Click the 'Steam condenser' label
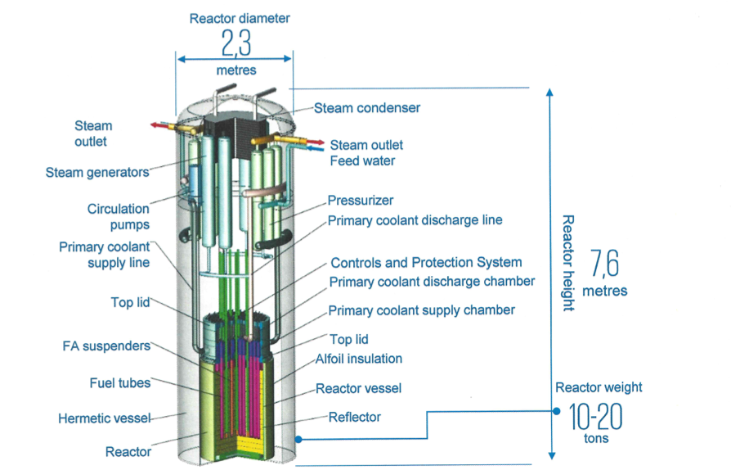[x=367, y=107]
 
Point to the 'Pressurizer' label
[x=361, y=201]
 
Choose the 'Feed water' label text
[x=362, y=160]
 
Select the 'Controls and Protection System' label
[x=426, y=263]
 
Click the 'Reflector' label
[x=355, y=417]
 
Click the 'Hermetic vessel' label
[x=105, y=418]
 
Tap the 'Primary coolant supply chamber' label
[x=421, y=310]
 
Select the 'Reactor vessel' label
[x=365, y=388]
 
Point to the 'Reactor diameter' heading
[x=240, y=18]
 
